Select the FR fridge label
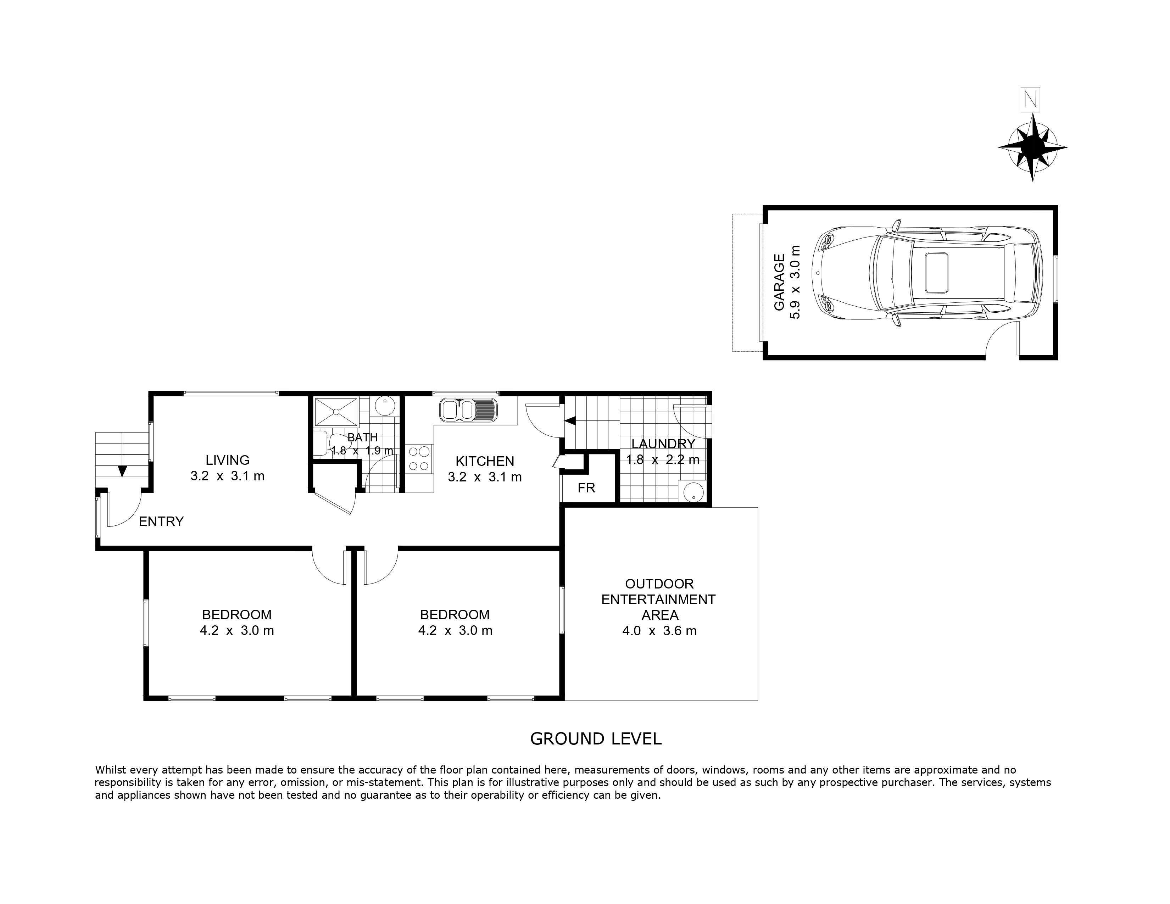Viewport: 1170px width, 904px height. (x=587, y=488)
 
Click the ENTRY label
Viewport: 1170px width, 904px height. (x=161, y=521)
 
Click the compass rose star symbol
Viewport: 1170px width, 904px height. (x=1032, y=147)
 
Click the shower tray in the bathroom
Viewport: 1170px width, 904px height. (x=336, y=412)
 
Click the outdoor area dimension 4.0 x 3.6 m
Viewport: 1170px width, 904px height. (x=659, y=631)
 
